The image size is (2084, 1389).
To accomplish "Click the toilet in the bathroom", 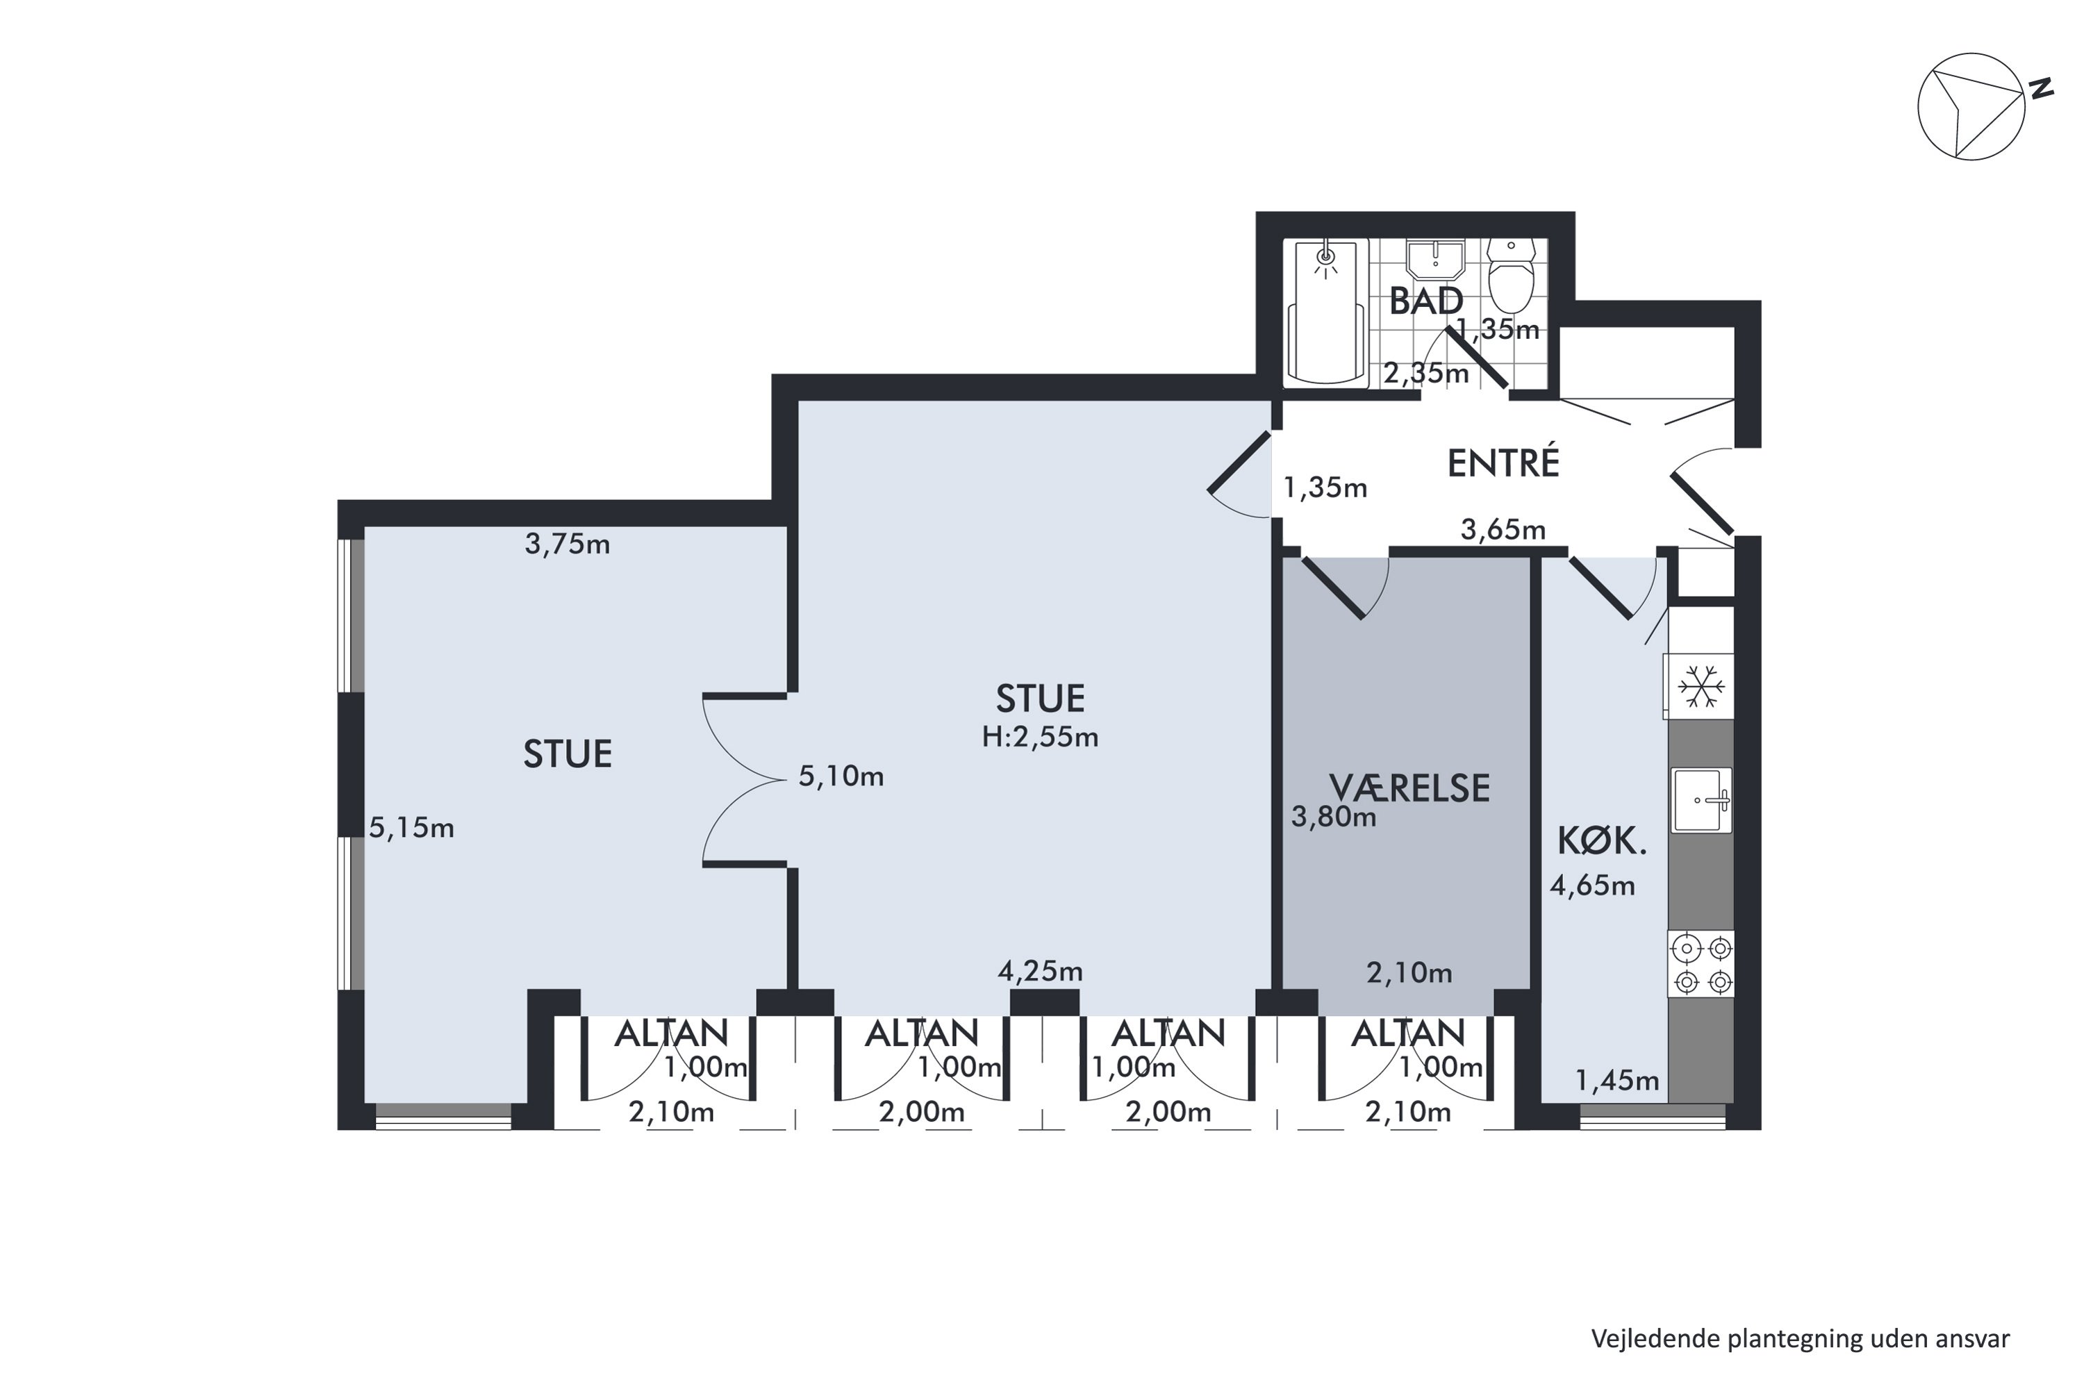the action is (1511, 274).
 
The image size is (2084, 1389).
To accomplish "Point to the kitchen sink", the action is (1701, 800).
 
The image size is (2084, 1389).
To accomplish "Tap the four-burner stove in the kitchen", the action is (1701, 964).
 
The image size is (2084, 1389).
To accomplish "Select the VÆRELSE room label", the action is (1409, 788).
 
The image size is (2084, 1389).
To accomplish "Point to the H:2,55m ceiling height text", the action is (1039, 737).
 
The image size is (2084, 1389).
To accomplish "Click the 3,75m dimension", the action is (567, 544).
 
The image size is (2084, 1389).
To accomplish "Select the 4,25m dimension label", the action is (1040, 972).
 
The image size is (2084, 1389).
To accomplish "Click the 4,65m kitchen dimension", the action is (1592, 886).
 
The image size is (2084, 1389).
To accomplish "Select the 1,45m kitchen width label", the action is (1617, 1081).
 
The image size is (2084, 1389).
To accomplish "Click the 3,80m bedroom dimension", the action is (1334, 817).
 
